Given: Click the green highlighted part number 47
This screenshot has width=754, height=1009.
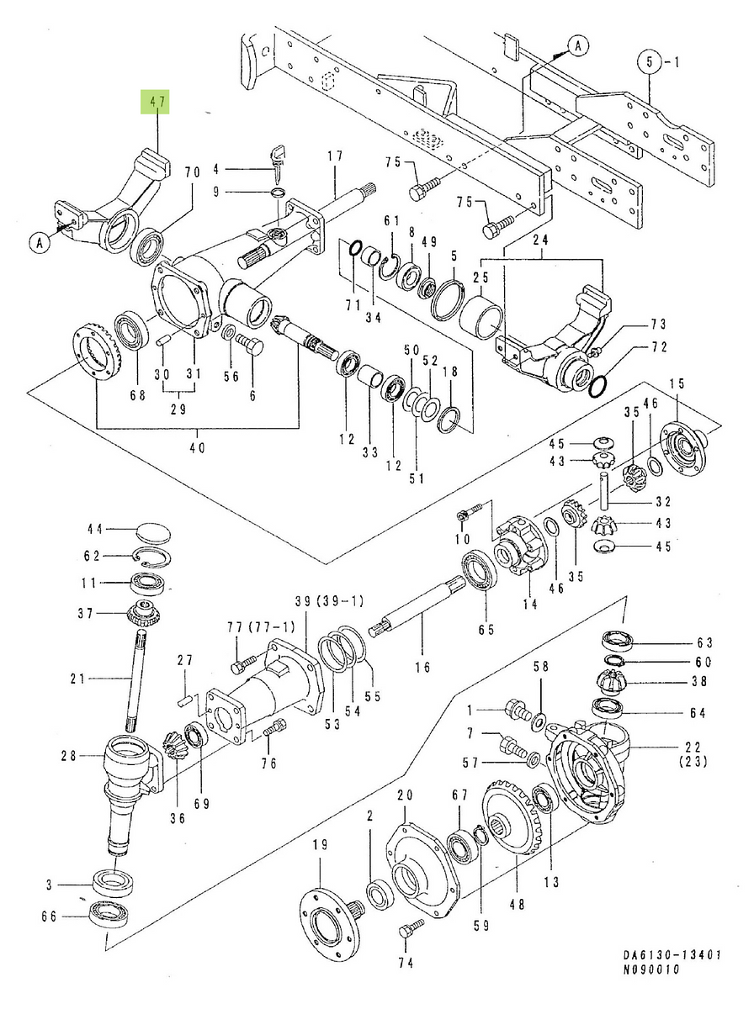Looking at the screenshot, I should pyautogui.click(x=156, y=103).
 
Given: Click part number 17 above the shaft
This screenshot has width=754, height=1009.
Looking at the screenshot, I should pyautogui.click(x=335, y=156).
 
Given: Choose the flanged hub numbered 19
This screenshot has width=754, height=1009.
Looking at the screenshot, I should pyautogui.click(x=327, y=912).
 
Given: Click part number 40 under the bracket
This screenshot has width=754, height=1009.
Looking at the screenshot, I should pyautogui.click(x=196, y=448).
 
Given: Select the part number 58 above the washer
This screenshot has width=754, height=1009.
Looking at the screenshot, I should pyautogui.click(x=540, y=666).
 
